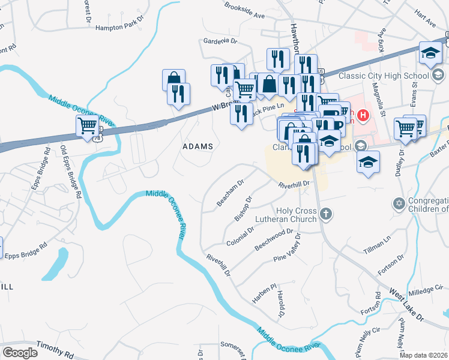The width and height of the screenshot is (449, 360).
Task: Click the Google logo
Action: (20, 353)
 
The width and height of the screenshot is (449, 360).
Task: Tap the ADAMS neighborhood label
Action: (197, 146)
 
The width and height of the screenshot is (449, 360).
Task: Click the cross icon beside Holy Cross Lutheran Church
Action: (325, 214)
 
